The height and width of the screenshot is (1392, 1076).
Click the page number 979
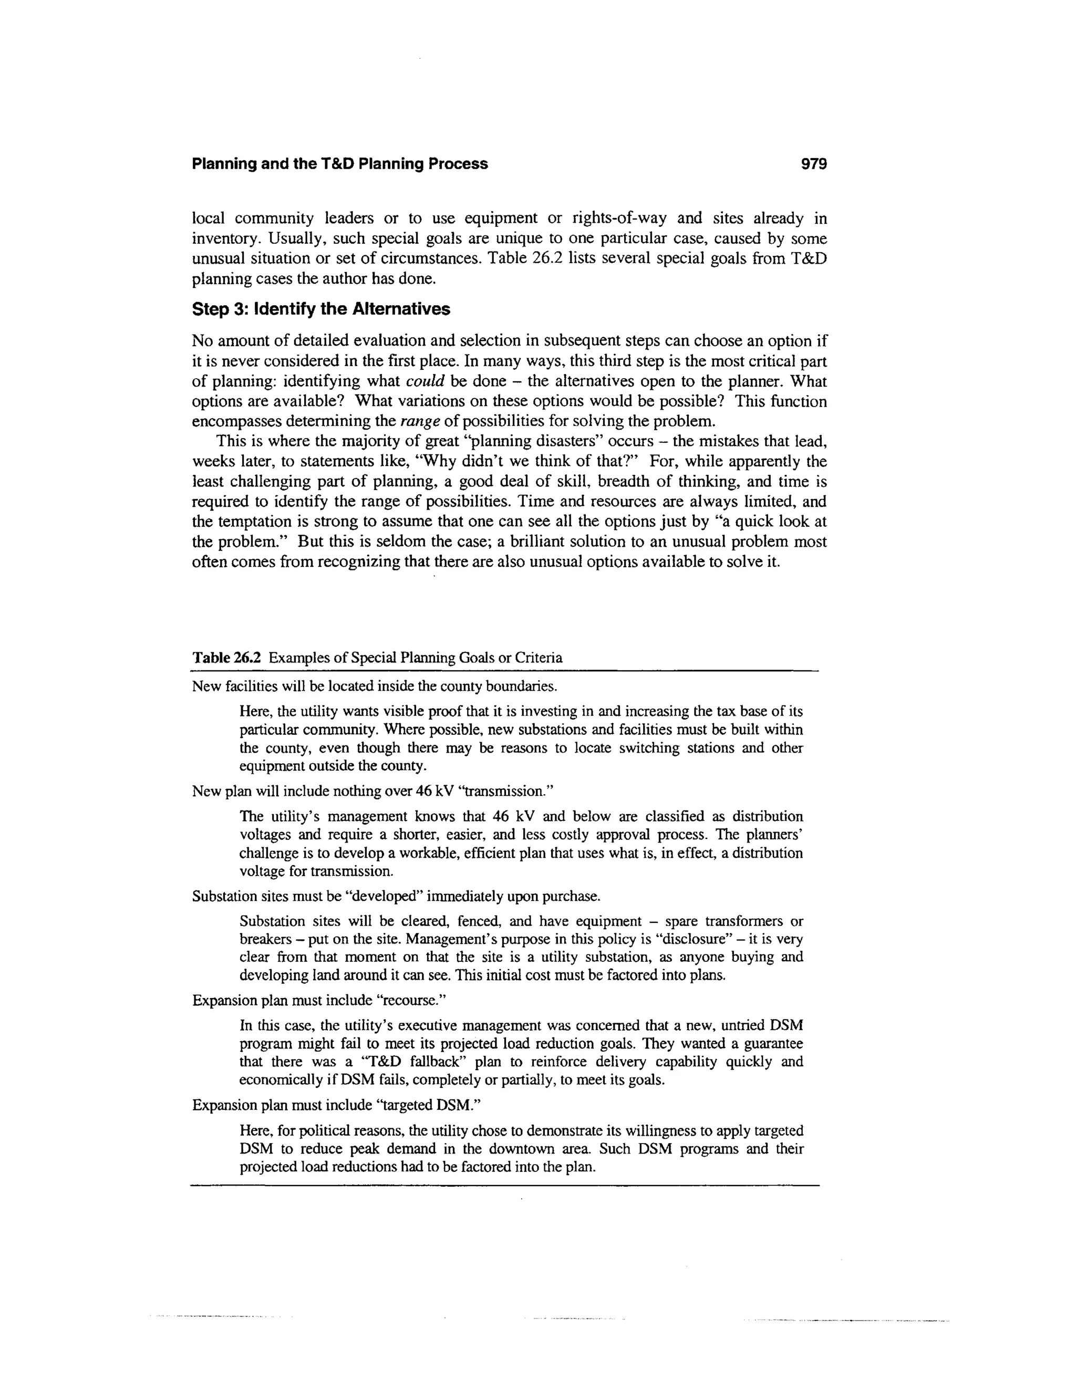click(x=813, y=164)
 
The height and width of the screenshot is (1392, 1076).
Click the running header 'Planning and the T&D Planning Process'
click(x=340, y=164)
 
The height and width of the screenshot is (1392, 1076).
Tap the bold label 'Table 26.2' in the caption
click(x=227, y=658)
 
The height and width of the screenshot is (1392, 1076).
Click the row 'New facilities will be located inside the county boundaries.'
click(x=375, y=687)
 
